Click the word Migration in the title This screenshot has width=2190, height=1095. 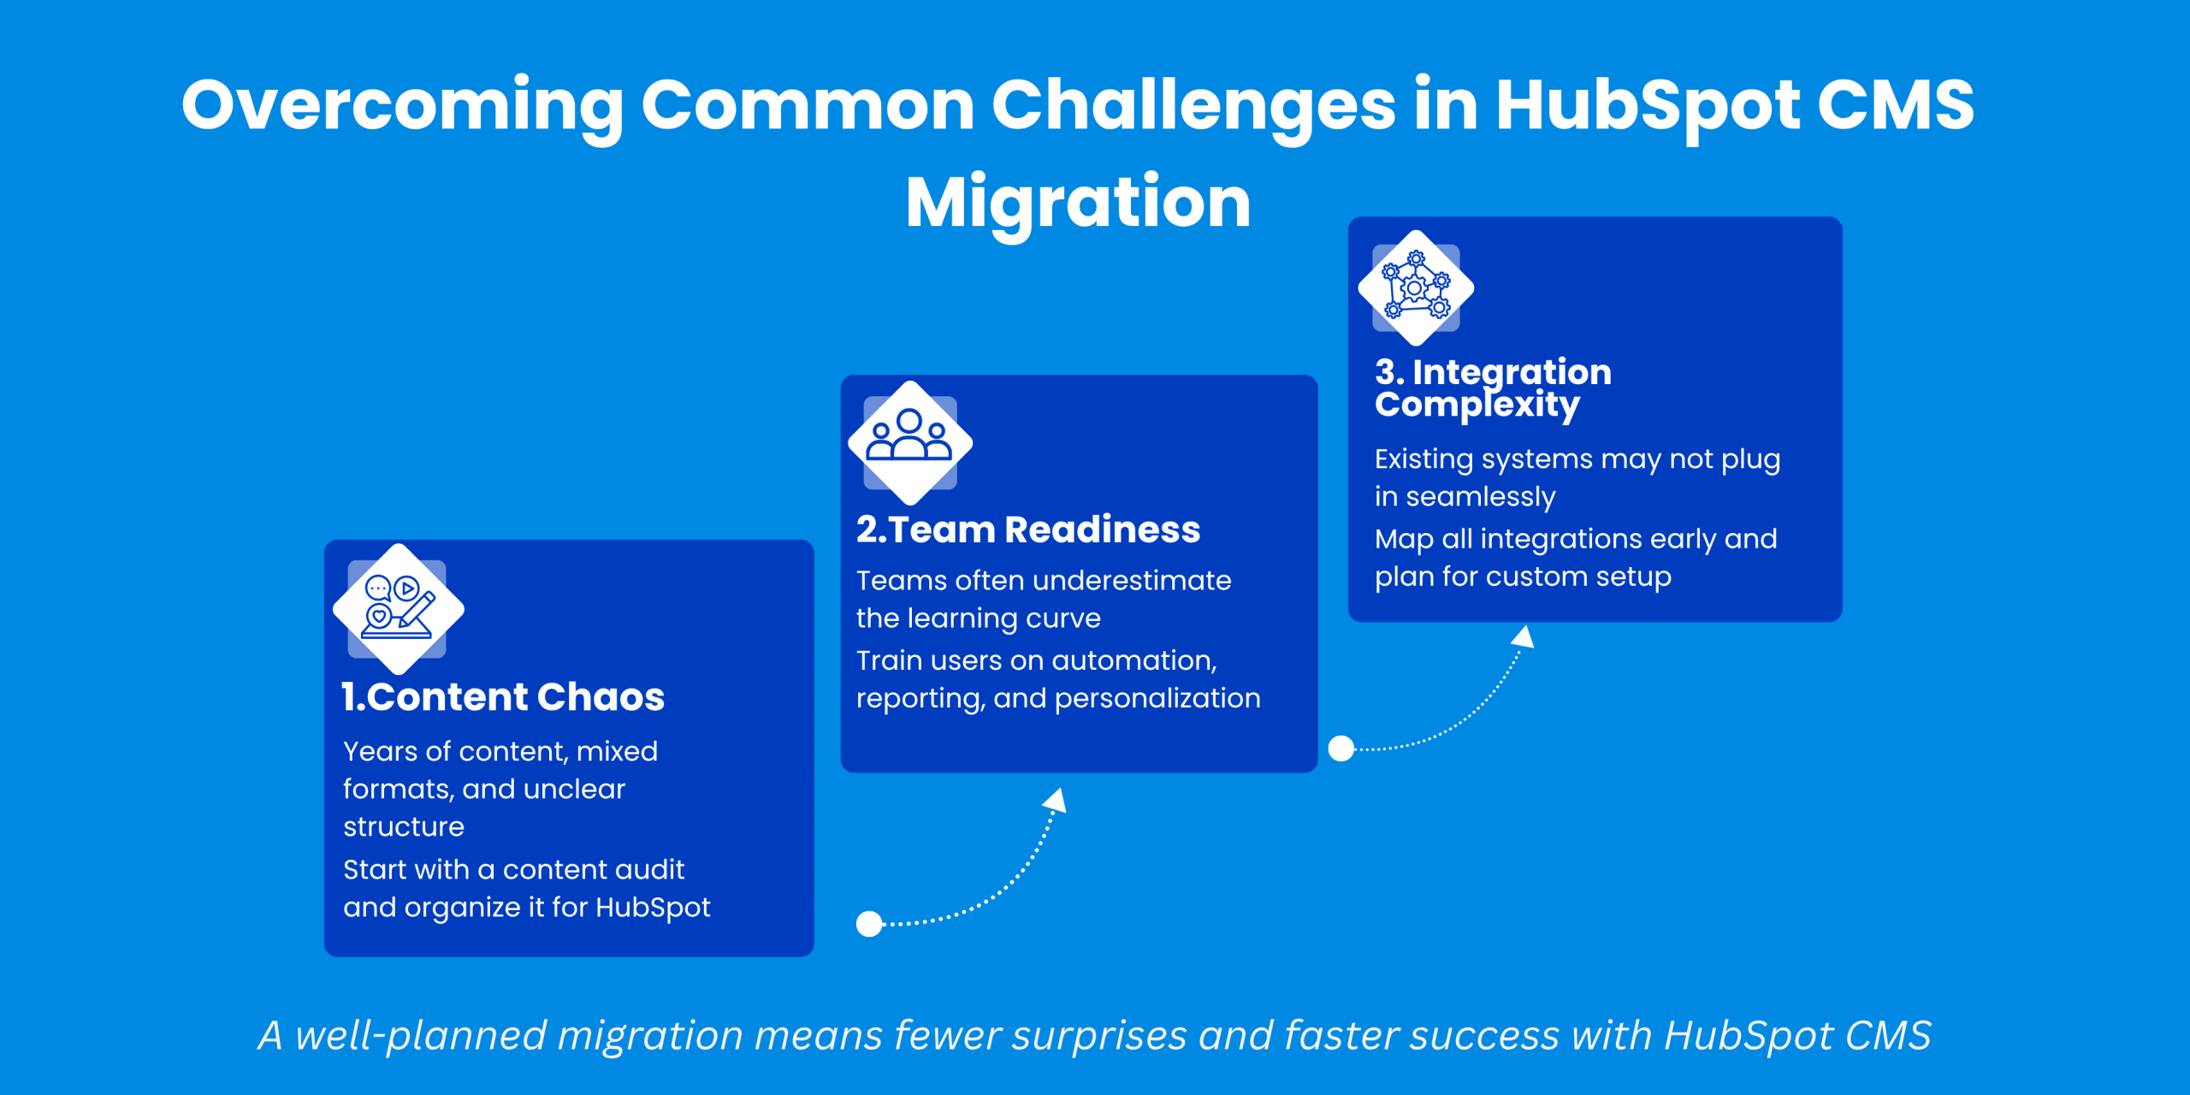click(1078, 204)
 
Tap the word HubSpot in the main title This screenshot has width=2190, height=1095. click(1648, 106)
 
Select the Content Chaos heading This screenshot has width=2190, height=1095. click(503, 696)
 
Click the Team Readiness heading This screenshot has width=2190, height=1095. click(1028, 530)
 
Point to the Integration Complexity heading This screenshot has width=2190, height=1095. click(1493, 388)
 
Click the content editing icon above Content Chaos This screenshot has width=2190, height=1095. click(398, 608)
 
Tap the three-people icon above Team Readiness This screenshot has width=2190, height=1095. click(909, 442)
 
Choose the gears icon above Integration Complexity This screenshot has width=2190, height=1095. click(1416, 287)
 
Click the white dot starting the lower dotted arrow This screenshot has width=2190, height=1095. click(869, 924)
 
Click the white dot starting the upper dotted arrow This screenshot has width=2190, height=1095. click(1341, 749)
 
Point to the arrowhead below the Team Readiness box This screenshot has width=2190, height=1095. click(1056, 800)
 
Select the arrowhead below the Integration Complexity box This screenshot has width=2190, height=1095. click(1523, 636)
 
